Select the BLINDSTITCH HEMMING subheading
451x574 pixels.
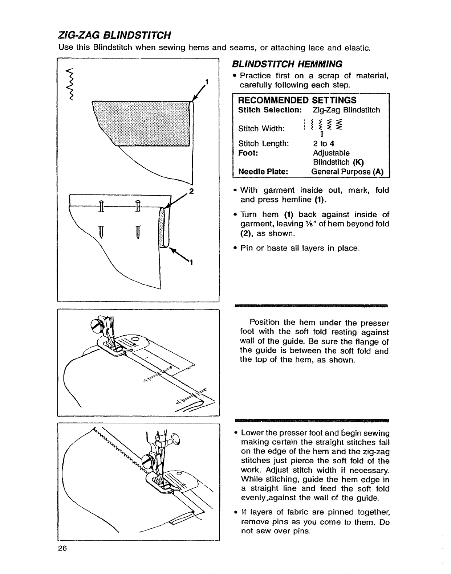click(x=287, y=64)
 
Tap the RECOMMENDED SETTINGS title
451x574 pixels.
click(x=297, y=100)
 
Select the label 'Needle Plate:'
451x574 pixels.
click(x=263, y=172)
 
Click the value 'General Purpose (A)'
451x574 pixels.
click(x=348, y=172)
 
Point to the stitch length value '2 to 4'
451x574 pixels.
click(x=324, y=144)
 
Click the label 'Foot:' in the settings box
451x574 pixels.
click(x=248, y=153)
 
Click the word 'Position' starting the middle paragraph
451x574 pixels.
click(x=265, y=323)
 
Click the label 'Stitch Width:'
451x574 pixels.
click(x=261, y=129)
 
